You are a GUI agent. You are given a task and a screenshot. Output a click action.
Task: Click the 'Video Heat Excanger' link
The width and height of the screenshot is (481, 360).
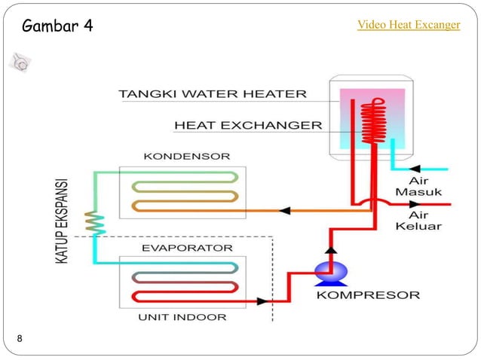[408, 25]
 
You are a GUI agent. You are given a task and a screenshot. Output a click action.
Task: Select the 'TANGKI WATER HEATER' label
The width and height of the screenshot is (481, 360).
[213, 94]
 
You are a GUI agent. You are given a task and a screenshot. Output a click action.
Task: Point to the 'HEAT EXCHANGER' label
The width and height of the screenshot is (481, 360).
[248, 125]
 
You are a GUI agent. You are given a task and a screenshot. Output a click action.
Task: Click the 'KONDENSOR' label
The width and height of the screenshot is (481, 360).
[176, 157]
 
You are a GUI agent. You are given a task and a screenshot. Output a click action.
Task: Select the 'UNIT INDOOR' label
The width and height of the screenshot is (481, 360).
[182, 317]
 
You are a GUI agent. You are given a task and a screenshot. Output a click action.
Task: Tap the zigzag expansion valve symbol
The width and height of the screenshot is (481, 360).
[94, 221]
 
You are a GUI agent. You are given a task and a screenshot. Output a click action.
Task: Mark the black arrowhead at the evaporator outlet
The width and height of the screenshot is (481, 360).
[262, 301]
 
